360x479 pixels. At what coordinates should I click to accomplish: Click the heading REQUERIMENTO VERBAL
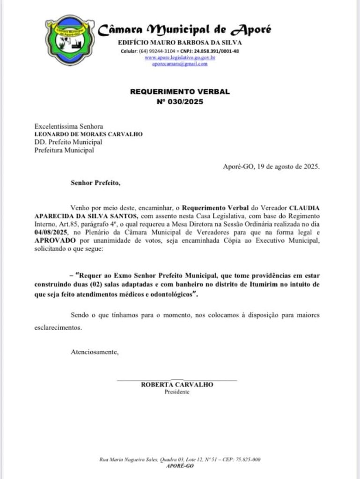(180, 92)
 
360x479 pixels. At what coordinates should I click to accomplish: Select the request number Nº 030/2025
(180, 101)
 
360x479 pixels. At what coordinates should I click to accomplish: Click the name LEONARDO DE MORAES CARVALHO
(88, 134)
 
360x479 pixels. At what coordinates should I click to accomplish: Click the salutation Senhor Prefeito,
(96, 183)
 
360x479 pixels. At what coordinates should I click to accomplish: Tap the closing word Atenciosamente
(95, 351)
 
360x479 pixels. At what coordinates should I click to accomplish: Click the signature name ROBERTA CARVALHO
(177, 385)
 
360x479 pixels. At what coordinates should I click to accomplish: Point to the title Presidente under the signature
(177, 392)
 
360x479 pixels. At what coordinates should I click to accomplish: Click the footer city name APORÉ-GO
(180, 466)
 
